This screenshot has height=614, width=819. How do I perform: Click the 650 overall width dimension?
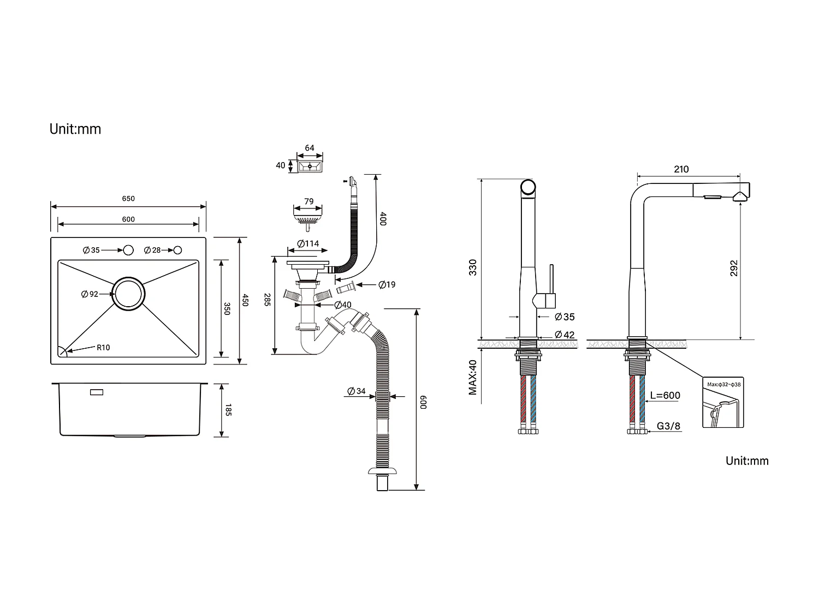[128, 199]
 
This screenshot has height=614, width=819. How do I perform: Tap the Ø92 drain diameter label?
[90, 294]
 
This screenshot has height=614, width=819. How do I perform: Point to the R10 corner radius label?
[103, 348]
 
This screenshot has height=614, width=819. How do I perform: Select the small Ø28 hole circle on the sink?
[177, 251]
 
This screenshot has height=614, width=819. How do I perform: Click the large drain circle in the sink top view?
[129, 294]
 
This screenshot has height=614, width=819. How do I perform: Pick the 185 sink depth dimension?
[228, 410]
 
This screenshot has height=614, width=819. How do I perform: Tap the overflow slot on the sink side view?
[96, 392]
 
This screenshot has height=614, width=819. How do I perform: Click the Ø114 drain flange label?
[308, 243]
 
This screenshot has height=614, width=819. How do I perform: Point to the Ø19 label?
[387, 285]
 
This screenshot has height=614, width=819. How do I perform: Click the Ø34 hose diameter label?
[357, 391]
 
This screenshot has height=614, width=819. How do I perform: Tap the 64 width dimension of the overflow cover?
[310, 148]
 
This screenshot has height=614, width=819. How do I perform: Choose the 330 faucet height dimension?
[473, 267]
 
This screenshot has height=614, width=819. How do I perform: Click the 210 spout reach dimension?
[681, 169]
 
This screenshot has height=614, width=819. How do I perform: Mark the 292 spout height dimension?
[734, 267]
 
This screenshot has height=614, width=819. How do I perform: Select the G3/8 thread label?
[668, 426]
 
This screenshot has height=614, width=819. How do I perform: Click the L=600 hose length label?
[665, 396]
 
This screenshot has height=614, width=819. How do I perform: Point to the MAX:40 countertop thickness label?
[473, 378]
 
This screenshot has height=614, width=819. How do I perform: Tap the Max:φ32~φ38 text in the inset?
[724, 385]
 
